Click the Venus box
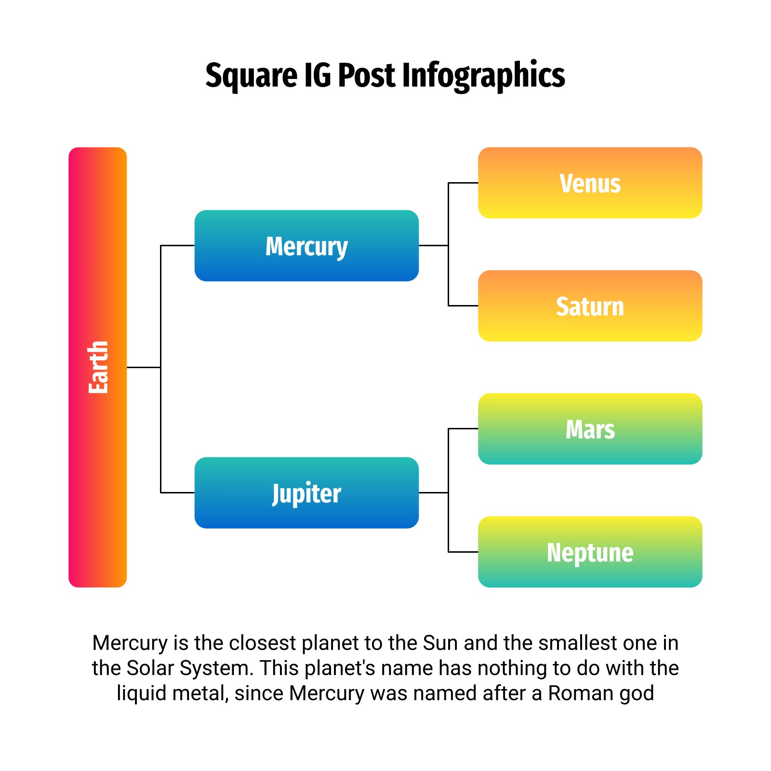(590, 183)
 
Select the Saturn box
(590, 306)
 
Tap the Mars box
(590, 428)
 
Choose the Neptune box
(590, 552)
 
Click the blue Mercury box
(306, 245)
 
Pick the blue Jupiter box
(306, 492)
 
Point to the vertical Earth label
(98, 367)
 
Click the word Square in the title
(252, 76)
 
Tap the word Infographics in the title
(483, 76)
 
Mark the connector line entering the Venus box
(463, 183)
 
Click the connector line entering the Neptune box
(463, 552)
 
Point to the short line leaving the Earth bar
(144, 367)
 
